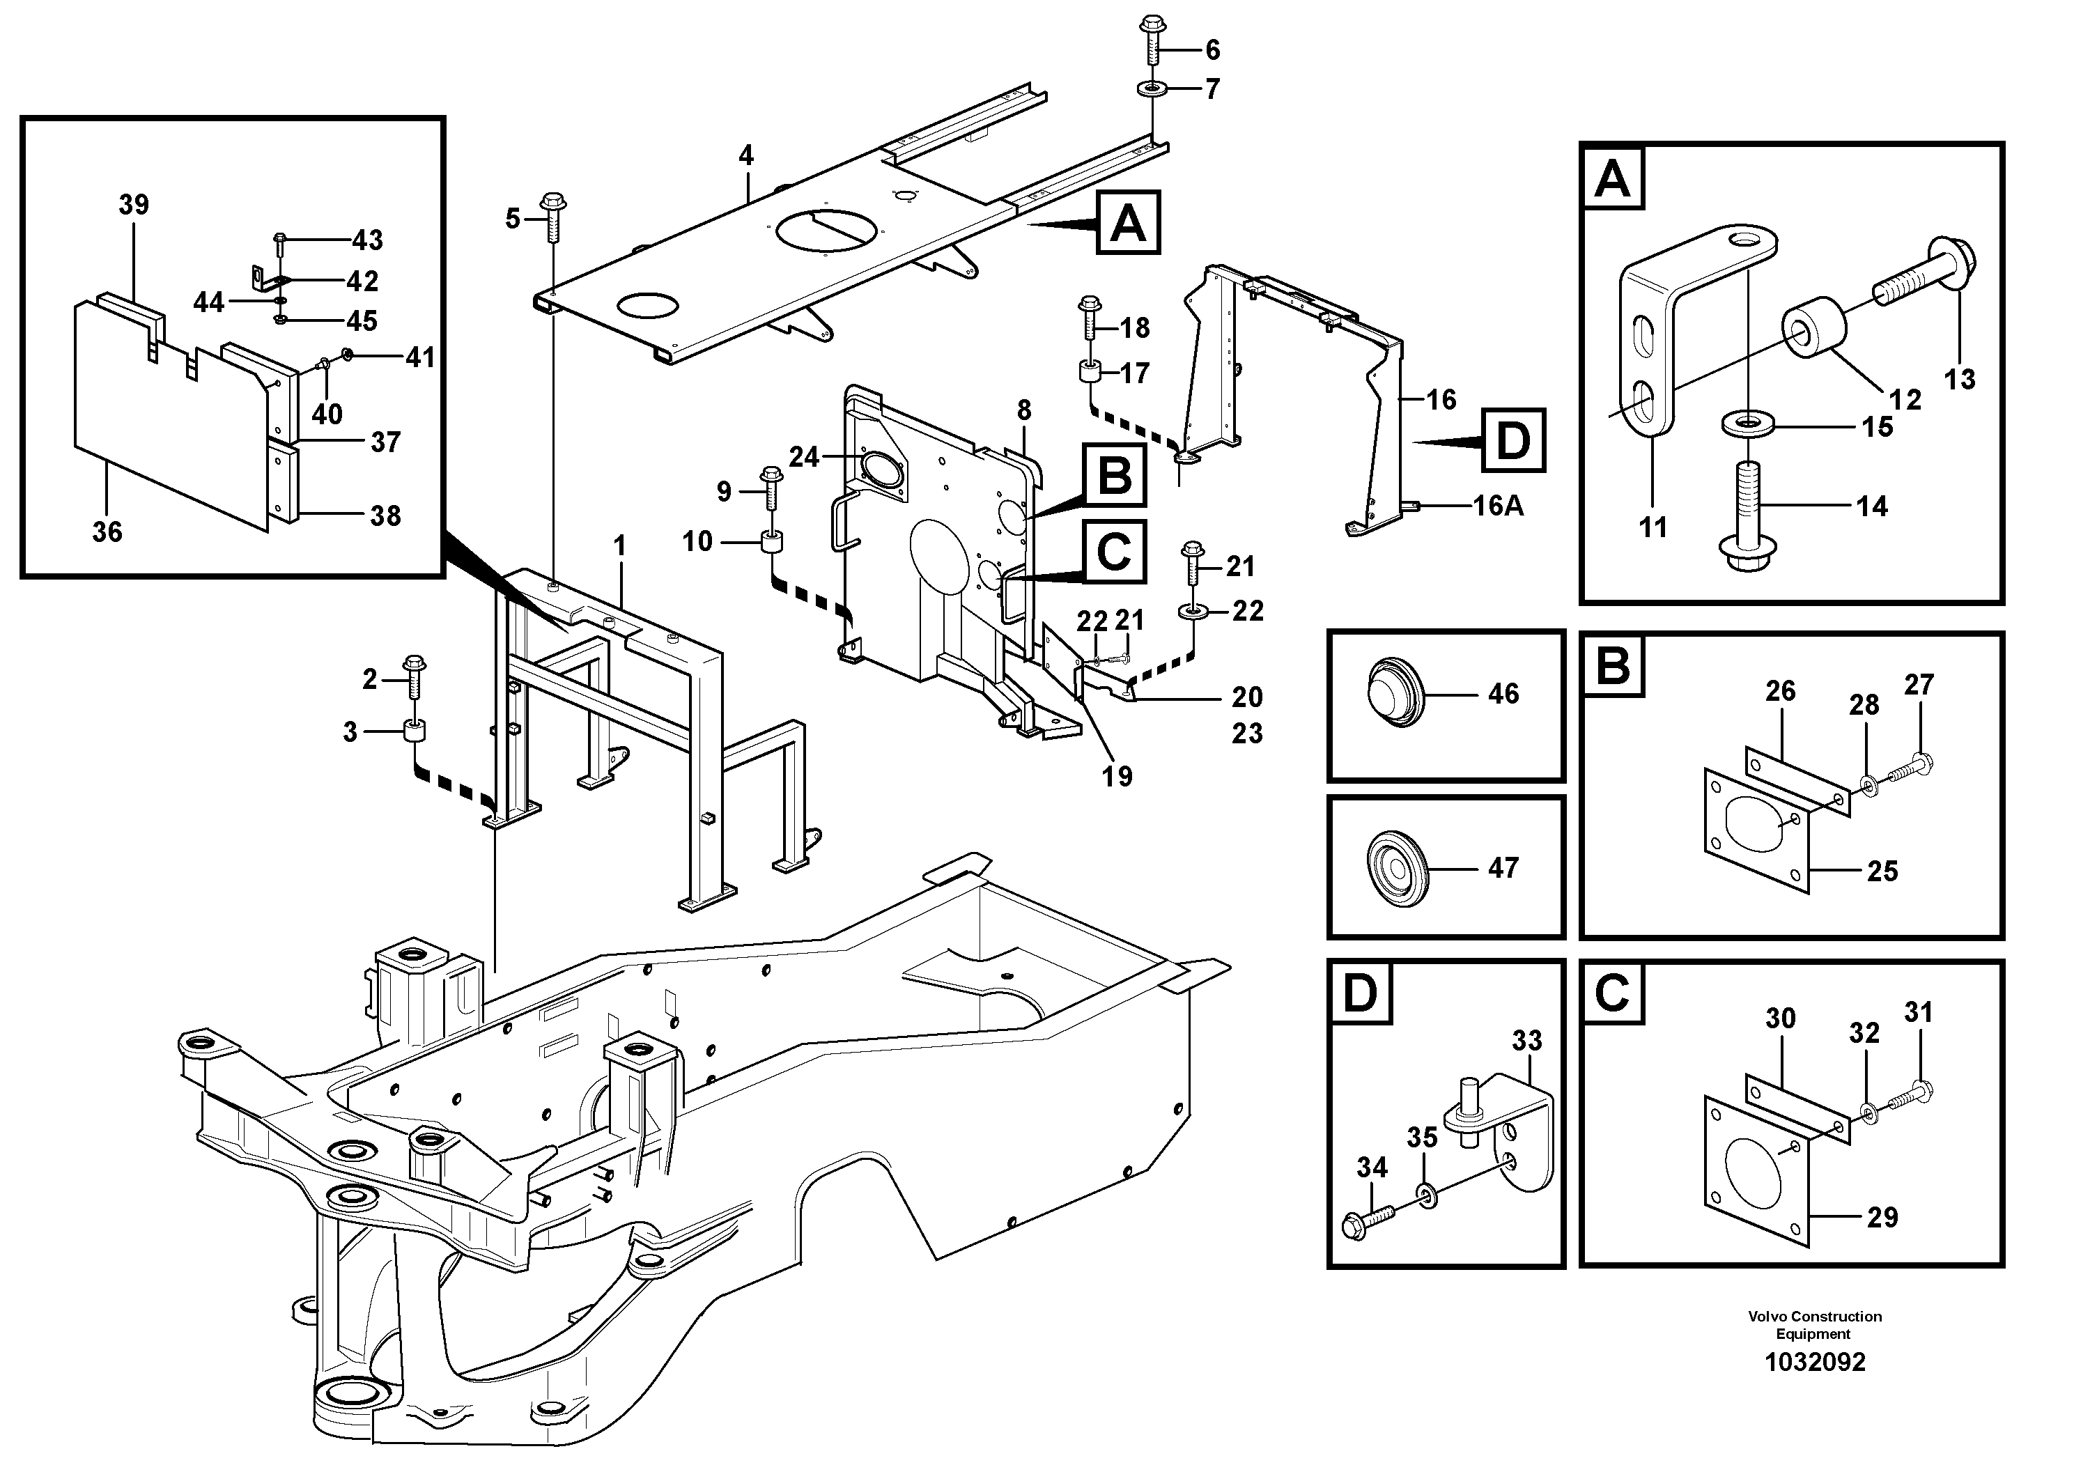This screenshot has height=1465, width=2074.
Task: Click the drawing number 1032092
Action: (x=1815, y=1362)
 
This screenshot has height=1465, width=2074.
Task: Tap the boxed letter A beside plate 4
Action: (x=1128, y=222)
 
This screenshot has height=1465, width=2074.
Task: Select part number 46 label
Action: (x=1503, y=694)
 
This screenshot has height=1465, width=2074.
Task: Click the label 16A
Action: (x=1498, y=506)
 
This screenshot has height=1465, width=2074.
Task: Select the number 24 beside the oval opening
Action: (x=803, y=457)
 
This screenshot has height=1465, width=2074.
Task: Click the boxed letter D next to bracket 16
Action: (x=1513, y=441)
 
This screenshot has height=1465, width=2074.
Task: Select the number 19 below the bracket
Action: (x=1117, y=776)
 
